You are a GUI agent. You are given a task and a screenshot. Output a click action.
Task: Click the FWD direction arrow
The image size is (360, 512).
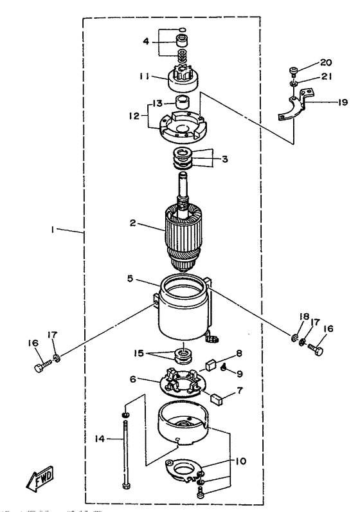[40, 479]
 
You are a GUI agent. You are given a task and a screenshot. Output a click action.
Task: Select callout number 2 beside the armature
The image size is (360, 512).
[132, 223]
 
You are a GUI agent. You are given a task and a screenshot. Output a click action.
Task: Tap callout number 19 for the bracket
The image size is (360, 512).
[343, 102]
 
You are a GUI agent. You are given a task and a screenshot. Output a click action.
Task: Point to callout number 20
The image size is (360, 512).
[325, 62]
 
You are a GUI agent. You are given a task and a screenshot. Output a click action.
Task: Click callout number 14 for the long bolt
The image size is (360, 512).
[100, 439]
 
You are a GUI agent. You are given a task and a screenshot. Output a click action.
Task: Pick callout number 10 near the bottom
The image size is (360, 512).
[240, 461]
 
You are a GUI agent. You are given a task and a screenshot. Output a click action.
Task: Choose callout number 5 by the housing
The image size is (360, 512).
[130, 279]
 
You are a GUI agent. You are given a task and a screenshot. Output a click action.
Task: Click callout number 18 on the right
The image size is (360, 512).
[304, 316]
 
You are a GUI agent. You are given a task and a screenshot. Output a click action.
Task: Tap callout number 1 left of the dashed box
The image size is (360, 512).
[52, 230]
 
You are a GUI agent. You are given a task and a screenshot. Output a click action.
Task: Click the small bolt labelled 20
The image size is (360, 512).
[293, 71]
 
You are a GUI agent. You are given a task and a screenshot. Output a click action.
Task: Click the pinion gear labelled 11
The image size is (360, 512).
[183, 81]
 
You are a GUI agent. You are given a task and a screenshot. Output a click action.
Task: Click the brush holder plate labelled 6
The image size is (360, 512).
[181, 383]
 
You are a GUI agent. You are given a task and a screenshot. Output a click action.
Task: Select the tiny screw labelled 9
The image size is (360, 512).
[224, 367]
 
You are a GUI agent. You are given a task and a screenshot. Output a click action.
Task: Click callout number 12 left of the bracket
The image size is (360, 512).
[134, 116]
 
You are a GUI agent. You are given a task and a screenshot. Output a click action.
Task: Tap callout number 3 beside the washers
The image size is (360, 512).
[224, 160]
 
